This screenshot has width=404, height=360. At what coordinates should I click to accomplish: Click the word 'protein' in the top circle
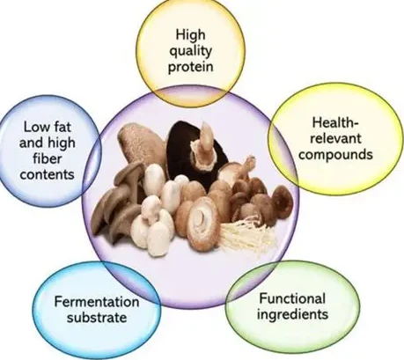pos(191,68)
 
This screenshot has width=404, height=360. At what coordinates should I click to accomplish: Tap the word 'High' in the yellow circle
pos(190,35)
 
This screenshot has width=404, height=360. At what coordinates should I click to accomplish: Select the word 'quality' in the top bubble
pos(191,52)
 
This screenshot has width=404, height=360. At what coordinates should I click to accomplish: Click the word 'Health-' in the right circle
pos(335,122)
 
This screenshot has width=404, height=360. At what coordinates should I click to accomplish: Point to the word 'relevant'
pos(335,138)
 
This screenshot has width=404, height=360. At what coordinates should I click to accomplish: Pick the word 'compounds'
pos(335,155)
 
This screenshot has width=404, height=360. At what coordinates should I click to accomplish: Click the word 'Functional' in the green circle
pos(292,298)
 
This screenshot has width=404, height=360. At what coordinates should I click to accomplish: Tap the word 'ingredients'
pos(292,314)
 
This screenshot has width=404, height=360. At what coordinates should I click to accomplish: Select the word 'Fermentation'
pos(97,302)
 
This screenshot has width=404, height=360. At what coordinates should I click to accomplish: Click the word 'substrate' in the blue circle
pos(97,318)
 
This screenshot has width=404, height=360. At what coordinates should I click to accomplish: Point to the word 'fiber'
pos(47,158)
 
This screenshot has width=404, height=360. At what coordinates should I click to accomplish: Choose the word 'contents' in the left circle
pos(47,174)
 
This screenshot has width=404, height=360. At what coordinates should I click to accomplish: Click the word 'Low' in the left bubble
pos(34,128)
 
